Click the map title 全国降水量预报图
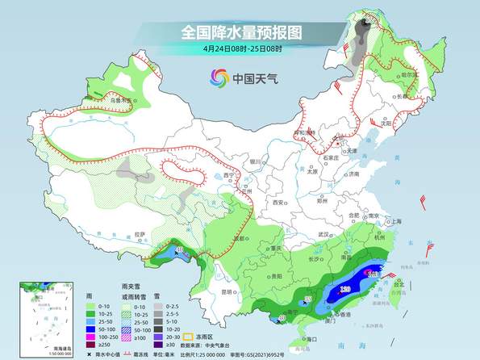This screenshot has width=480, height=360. [x=240, y=32]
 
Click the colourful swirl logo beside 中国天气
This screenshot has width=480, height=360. [x=219, y=78]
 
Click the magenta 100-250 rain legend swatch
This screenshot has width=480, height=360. [x=92, y=333]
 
